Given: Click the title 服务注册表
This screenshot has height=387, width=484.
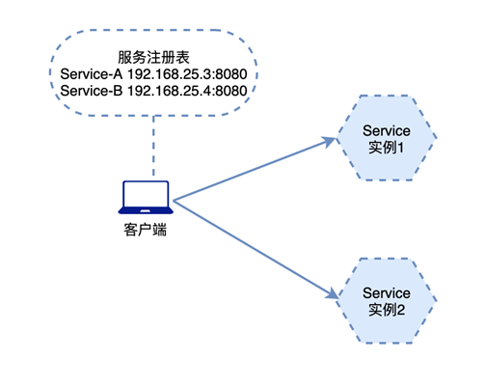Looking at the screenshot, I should click(154, 57).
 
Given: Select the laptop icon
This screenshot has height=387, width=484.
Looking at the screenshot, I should click(146, 197).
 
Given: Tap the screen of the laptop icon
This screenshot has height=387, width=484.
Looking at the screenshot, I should click(146, 193).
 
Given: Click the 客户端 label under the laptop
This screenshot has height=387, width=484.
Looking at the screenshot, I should click(145, 231).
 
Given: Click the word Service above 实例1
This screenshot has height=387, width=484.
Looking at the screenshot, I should click(386, 130).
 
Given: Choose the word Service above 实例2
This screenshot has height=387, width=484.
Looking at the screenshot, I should click(386, 292).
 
